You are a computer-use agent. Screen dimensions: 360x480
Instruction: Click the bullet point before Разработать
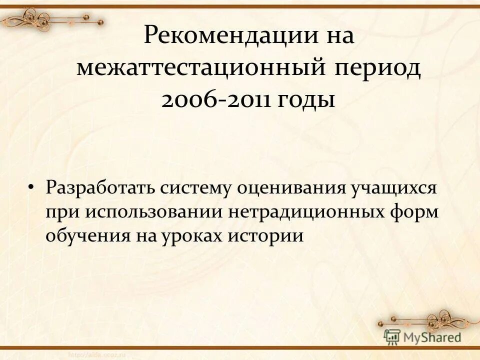click(31, 188)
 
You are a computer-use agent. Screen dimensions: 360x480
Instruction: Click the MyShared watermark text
click(432, 337)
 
